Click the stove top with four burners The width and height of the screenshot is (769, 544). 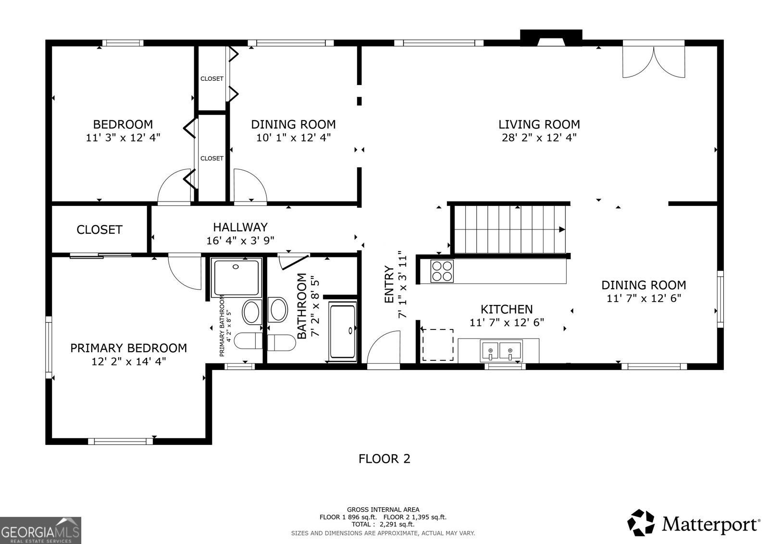[x=442, y=271]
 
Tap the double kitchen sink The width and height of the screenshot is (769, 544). [x=501, y=350]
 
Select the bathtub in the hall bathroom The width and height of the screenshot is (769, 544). [x=343, y=330]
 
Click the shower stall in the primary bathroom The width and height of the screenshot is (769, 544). [x=236, y=277]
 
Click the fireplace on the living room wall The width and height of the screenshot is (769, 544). [x=551, y=38]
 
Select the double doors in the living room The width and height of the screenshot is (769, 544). [x=654, y=60]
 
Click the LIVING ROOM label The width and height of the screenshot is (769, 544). [x=539, y=125]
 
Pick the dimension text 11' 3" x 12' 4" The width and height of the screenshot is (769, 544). [x=123, y=138]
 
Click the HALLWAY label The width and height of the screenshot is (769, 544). [x=240, y=227]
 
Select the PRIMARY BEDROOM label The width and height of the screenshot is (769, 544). [x=128, y=348]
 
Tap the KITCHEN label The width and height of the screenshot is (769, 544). [x=507, y=309]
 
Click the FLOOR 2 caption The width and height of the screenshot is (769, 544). [x=384, y=459]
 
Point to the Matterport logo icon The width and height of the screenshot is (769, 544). [x=641, y=523]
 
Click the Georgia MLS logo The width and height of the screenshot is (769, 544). [x=40, y=530]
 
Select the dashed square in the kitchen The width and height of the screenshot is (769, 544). [x=437, y=345]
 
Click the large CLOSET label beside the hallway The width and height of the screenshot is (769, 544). [x=99, y=230]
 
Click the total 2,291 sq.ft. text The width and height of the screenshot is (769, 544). [x=383, y=524]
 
